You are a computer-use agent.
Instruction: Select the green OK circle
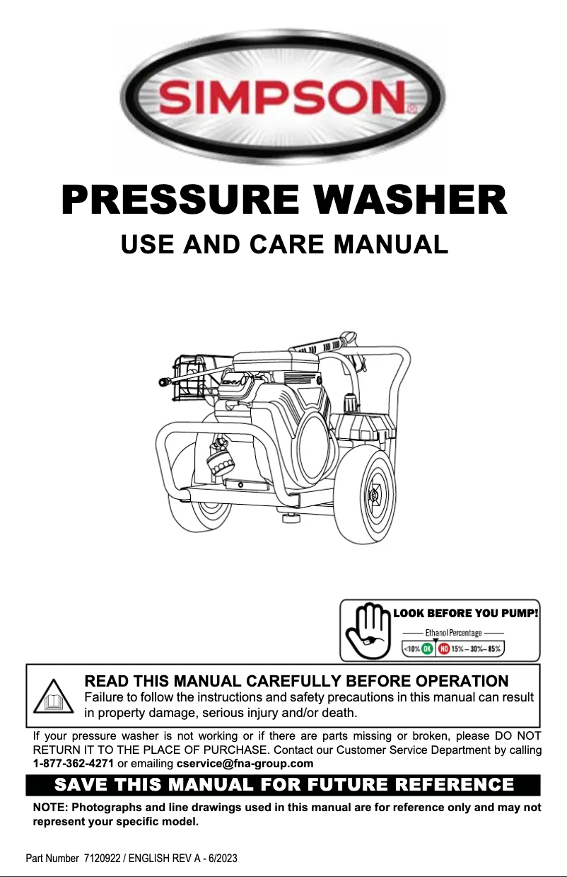(428, 648)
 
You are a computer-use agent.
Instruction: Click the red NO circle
(444, 648)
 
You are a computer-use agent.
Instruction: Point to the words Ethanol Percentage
(452, 632)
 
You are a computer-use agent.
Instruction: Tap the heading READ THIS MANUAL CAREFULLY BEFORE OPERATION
(296, 681)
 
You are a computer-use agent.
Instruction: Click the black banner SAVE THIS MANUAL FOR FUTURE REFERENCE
(283, 785)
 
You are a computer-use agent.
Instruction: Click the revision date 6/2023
(221, 858)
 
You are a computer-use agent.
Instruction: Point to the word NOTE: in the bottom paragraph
(51, 808)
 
